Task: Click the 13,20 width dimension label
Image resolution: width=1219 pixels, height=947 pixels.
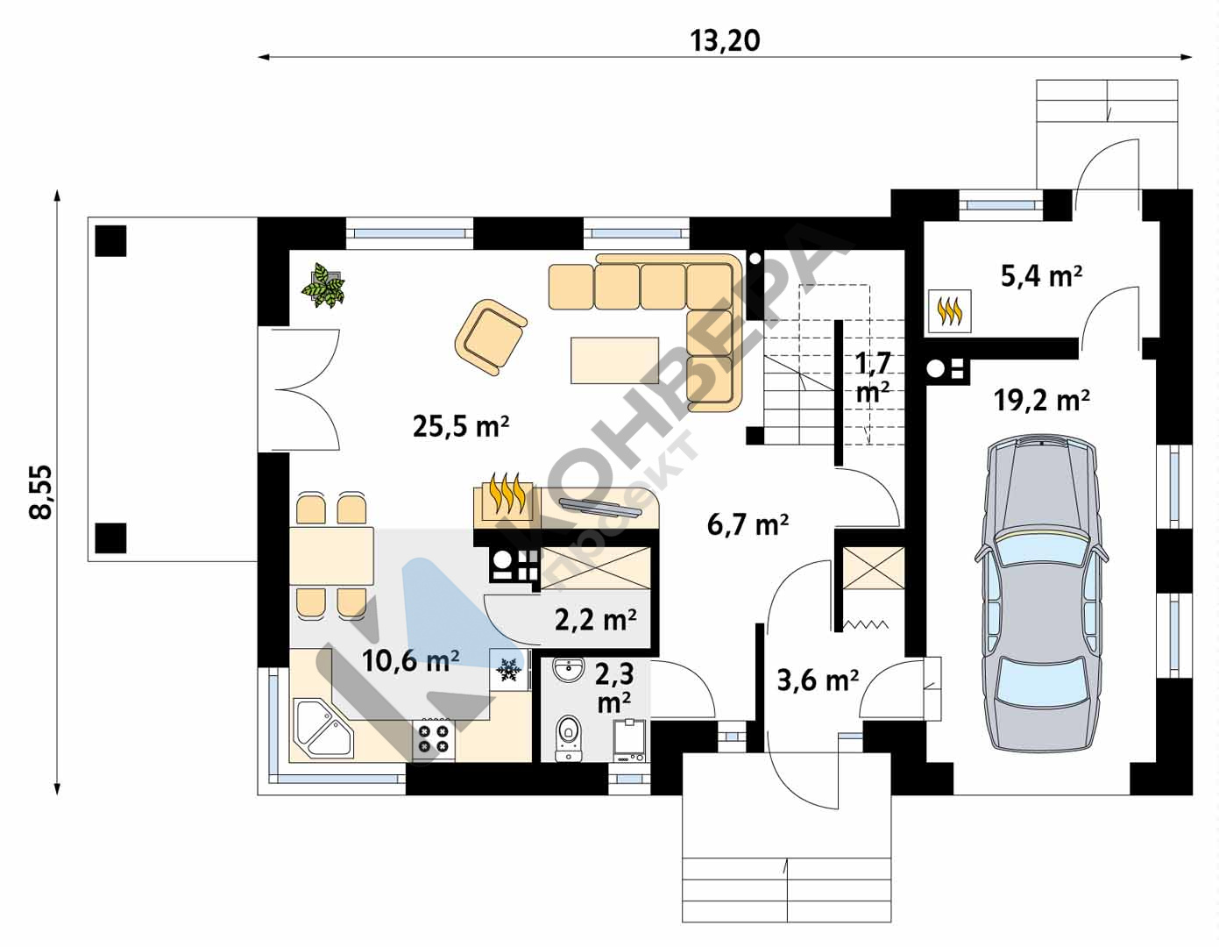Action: tap(725, 41)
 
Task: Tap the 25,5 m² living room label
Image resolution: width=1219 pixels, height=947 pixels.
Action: tap(461, 426)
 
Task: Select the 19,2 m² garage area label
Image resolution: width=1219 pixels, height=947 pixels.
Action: tap(1042, 401)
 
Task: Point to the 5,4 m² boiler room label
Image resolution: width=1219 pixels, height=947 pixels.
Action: tap(1042, 276)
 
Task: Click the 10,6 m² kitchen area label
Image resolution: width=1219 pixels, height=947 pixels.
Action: tap(411, 660)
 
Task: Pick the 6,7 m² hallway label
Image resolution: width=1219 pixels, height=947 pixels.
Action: tap(748, 525)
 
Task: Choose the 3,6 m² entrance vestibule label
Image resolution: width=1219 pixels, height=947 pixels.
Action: tap(818, 680)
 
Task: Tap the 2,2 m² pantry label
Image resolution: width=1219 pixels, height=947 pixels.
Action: tap(595, 620)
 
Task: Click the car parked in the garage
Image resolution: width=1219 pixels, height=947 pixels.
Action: tap(1041, 594)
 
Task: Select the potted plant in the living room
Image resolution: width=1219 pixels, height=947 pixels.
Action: tap(323, 286)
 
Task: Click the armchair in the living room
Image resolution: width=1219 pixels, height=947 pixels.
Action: tap(491, 337)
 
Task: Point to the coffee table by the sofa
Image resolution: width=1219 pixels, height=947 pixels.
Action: tap(615, 360)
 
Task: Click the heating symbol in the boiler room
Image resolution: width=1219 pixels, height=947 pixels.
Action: tap(949, 310)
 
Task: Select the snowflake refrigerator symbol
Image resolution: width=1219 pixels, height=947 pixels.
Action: tap(508, 669)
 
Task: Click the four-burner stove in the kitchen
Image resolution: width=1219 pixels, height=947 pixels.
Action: tap(434, 739)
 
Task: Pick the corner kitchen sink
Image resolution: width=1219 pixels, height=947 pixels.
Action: tap(322, 727)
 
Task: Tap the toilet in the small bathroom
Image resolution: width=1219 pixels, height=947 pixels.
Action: tap(569, 737)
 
